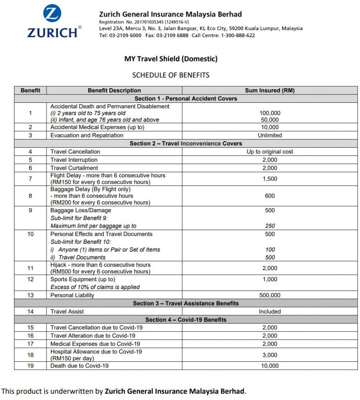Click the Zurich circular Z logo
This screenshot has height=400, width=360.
click(x=52, y=14)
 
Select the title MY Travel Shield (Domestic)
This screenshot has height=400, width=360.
click(x=171, y=59)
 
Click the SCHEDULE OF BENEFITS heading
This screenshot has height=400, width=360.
click(x=171, y=75)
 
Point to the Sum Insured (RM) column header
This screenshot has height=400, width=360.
click(x=269, y=90)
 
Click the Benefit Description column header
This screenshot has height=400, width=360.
click(x=114, y=90)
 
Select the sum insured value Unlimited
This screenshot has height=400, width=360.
click(x=269, y=135)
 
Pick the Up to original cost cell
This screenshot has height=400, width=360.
click(x=269, y=152)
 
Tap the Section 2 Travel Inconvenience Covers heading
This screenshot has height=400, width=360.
click(x=186, y=143)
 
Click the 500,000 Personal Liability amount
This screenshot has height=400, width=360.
click(x=269, y=295)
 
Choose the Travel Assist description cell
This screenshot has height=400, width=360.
click(x=67, y=311)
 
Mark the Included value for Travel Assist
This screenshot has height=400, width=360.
click(x=269, y=311)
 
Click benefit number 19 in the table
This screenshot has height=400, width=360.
click(x=30, y=366)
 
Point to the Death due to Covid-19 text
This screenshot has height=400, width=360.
click(x=79, y=366)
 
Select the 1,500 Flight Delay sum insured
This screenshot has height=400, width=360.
click(x=269, y=179)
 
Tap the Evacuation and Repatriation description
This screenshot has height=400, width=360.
click(x=87, y=135)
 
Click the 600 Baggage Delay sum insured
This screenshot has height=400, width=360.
click(x=269, y=196)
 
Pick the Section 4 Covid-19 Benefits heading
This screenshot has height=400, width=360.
click(x=186, y=320)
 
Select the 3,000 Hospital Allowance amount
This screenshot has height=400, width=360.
click(x=269, y=355)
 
